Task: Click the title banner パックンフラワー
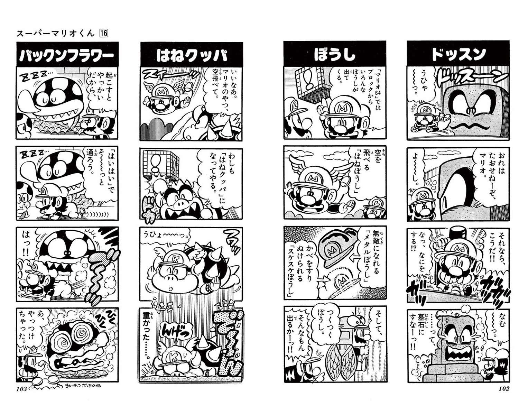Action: [x=67, y=54]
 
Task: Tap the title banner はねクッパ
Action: [x=192, y=54]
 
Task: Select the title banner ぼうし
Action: [x=335, y=54]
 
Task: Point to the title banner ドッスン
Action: [x=458, y=54]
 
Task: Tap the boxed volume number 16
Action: [x=103, y=33]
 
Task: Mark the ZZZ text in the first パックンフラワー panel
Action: [x=35, y=73]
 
